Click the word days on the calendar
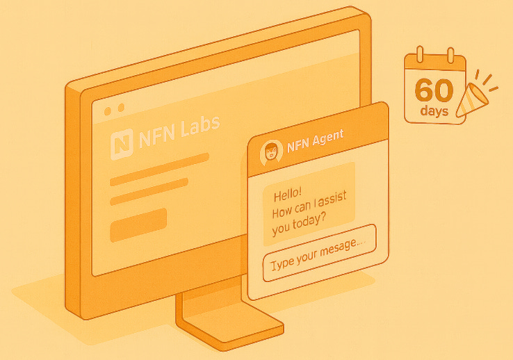click(x=434, y=111)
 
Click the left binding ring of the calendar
click(x=420, y=54)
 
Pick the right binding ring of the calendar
click(x=450, y=54)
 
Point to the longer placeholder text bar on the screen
click(x=160, y=169)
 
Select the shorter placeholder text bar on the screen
click(x=149, y=192)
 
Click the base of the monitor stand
click(x=229, y=326)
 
